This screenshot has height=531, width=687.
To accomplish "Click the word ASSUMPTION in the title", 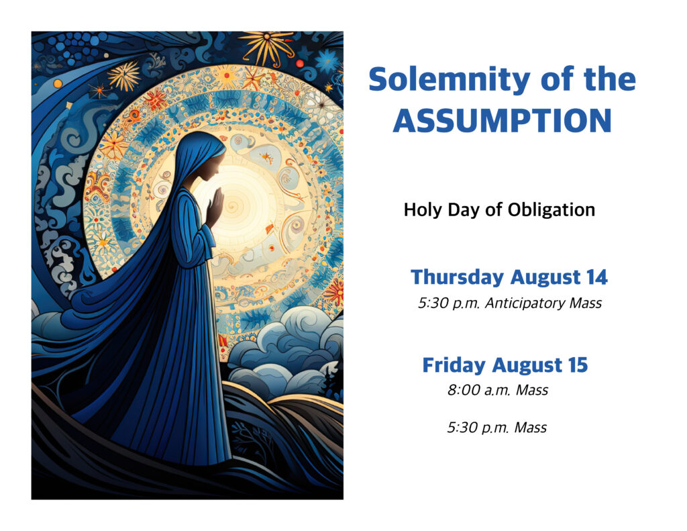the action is tap(502, 121).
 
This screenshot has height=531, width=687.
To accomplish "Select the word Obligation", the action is tap(551, 209).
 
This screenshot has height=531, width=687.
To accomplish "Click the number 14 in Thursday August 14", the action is tap(597, 277).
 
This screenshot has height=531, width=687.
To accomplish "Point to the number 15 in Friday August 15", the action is tap(578, 365).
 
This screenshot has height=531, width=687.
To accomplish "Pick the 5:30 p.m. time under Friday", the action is tap(478, 428).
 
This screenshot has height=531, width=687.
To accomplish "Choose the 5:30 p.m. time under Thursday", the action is tap(449, 303).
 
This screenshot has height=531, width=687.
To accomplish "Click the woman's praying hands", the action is tap(215, 207).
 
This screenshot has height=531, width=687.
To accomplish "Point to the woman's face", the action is tap(212, 166).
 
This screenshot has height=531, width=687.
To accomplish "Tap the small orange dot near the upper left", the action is tap(58, 83).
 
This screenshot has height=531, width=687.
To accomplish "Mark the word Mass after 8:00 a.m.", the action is tap(532, 390).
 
